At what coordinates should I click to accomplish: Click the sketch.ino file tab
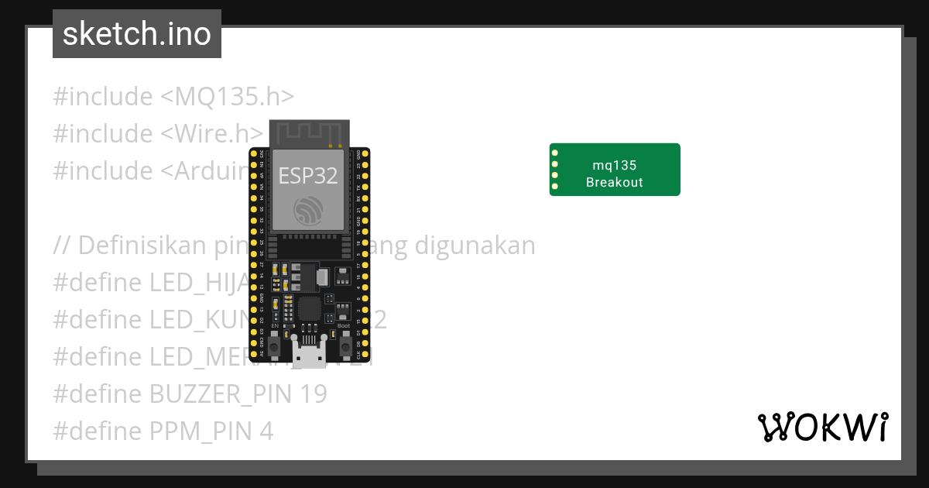(x=137, y=34)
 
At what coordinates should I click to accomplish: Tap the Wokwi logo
(x=822, y=427)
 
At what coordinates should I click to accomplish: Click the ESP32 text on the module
(x=308, y=176)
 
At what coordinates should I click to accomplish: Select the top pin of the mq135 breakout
(x=555, y=153)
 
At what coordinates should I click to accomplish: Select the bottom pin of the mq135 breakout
(x=555, y=186)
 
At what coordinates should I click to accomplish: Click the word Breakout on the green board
(x=615, y=183)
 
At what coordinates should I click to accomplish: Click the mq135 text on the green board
(x=615, y=165)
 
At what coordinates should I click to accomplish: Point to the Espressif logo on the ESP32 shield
(x=308, y=211)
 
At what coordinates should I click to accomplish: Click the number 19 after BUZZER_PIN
(x=313, y=394)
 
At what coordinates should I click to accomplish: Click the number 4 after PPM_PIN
(x=266, y=431)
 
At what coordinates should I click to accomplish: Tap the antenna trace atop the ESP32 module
(x=309, y=133)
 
